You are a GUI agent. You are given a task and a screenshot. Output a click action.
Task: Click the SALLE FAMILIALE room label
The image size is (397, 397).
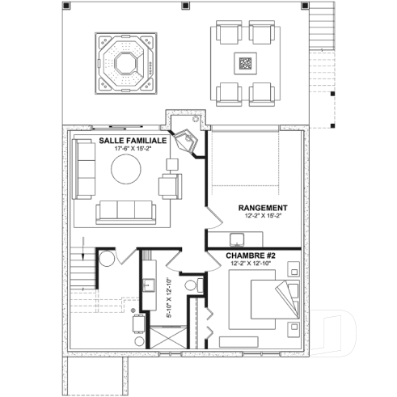point(133,140)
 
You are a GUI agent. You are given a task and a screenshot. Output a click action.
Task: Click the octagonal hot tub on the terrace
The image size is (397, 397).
point(126,63)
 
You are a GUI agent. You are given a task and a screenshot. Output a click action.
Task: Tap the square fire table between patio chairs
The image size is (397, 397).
point(244,62)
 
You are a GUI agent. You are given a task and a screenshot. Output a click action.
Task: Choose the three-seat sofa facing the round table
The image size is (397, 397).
point(127,212)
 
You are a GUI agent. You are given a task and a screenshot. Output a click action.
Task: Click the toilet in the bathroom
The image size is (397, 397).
point(191,285)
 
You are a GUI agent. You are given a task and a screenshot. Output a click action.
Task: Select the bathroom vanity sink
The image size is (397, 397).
point(148,285)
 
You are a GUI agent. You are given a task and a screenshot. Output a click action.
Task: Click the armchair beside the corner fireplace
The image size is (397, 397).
point(170,187)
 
